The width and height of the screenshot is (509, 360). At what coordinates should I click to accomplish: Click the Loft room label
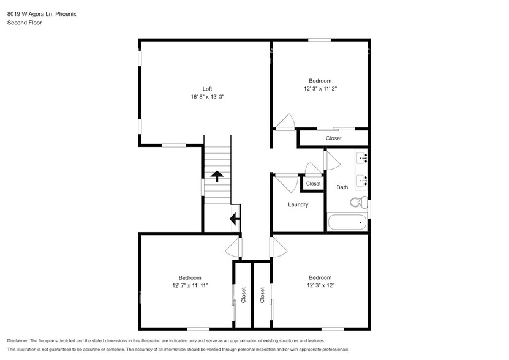[207, 89]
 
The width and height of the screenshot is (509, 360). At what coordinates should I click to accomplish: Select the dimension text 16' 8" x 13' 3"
[207, 97]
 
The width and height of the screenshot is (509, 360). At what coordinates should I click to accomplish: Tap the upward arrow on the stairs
[216, 176]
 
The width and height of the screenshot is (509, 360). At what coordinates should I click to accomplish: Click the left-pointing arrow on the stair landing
[235, 218]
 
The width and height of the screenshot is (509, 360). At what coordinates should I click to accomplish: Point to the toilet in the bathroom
[358, 201]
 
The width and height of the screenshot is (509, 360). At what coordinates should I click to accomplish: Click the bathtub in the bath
[347, 222]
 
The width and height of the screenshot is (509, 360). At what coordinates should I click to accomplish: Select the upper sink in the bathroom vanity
[362, 159]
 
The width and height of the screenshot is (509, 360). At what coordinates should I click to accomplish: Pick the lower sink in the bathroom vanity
[362, 180]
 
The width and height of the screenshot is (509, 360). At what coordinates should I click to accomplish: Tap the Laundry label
[298, 204]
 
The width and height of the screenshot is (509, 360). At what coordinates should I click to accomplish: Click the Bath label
[342, 187]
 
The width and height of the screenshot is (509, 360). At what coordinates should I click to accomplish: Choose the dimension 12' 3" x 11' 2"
[320, 89]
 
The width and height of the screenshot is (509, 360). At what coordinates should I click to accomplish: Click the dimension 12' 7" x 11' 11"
[190, 285]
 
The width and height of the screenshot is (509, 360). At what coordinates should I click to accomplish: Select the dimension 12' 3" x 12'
[320, 285]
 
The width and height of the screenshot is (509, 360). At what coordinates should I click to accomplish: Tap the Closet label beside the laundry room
[313, 184]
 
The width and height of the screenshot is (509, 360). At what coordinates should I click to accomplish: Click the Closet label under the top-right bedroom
[333, 138]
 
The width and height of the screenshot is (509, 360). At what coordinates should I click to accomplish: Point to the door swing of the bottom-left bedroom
[233, 248]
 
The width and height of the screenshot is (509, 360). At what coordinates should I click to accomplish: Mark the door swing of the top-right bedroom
[285, 122]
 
